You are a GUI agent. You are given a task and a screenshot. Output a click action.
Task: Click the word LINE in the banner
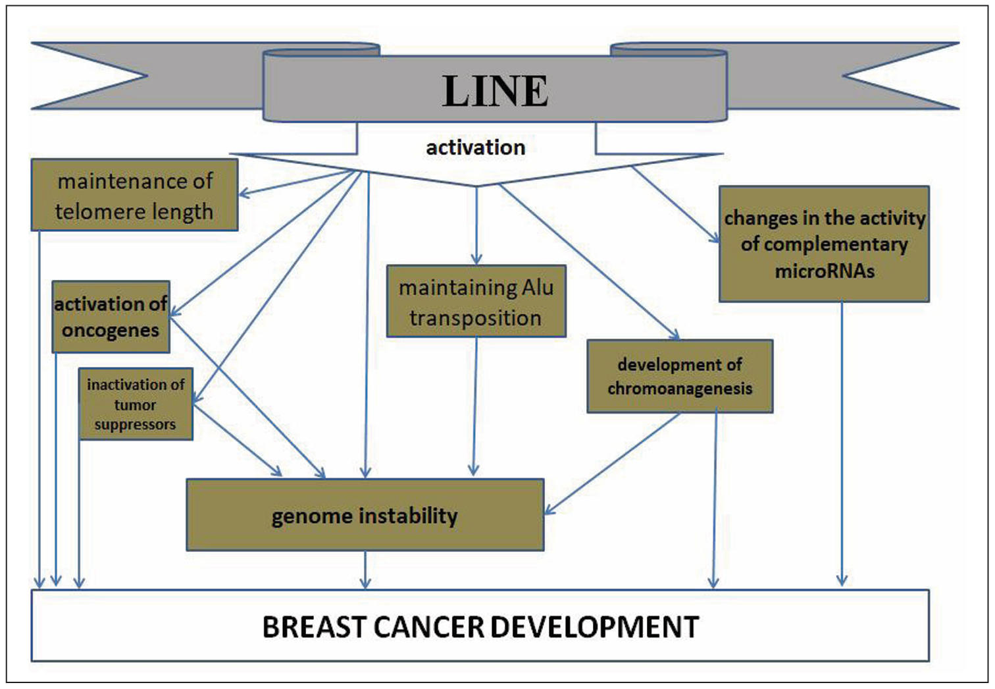click(495, 91)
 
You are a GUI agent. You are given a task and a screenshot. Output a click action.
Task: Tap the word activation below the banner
click(475, 148)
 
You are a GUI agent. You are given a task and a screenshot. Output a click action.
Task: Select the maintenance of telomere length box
click(134, 195)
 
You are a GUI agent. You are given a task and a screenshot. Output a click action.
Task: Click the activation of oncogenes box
click(111, 317)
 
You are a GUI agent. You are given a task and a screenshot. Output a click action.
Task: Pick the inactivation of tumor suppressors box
click(136, 404)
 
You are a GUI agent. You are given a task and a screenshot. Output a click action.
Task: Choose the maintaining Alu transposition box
click(476, 302)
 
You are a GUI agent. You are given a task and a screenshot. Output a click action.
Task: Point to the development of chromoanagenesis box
click(679, 376)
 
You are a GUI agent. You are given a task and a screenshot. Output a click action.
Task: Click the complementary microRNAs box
click(824, 244)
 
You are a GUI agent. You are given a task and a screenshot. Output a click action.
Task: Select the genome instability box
click(365, 515)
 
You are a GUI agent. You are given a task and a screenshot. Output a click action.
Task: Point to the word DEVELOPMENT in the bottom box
click(603, 627)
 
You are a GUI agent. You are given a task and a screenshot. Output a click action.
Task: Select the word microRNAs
click(825, 271)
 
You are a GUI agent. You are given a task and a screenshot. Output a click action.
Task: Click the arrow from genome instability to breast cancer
click(365, 570)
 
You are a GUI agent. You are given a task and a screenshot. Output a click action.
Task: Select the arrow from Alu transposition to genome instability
click(474, 408)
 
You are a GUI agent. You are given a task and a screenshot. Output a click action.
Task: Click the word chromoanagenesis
click(679, 389)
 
